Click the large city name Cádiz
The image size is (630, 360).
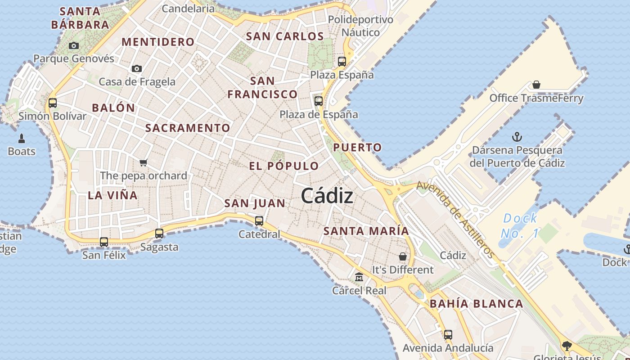[x=327, y=196]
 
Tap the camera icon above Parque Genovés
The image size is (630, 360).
[x=74, y=45]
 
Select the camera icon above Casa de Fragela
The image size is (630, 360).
[x=137, y=69]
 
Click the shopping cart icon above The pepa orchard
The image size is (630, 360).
[x=144, y=162]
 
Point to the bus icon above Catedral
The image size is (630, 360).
[x=259, y=221]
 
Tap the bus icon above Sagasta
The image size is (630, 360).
[x=159, y=234]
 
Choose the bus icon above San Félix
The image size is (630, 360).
[x=104, y=242]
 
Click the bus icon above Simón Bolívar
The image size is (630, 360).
[x=53, y=103]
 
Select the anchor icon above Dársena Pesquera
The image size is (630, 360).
[x=517, y=136]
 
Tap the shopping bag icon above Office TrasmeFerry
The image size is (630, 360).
[x=536, y=85]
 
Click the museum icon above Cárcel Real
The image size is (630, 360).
[x=359, y=277]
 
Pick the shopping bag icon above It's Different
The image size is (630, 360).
[x=403, y=256]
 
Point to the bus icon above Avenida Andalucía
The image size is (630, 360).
[x=448, y=335]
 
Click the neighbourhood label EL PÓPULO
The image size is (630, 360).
[x=284, y=166]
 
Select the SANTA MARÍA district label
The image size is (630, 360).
[x=366, y=231]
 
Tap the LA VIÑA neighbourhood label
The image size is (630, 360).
[x=112, y=195]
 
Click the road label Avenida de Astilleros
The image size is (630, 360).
[x=455, y=220]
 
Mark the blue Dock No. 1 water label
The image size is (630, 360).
[x=520, y=226]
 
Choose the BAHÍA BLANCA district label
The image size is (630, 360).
[x=477, y=304]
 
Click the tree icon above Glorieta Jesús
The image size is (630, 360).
[x=567, y=346]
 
